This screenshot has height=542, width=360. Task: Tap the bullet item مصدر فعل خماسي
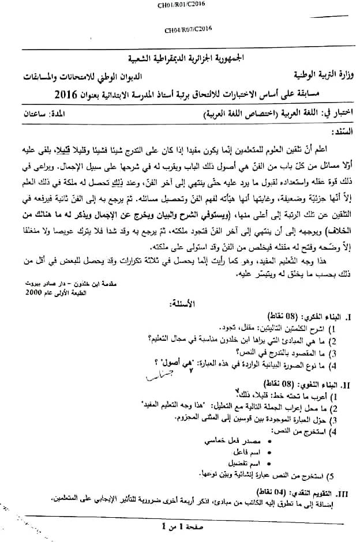228,441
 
